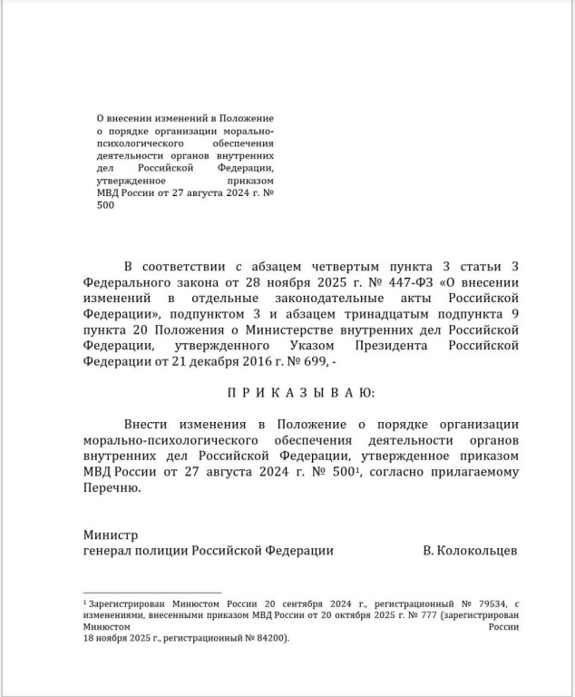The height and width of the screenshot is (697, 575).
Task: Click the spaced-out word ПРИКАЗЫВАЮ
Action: click(x=299, y=392)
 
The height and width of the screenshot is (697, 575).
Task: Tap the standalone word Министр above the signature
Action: click(x=111, y=535)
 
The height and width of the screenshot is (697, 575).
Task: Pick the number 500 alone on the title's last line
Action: click(x=105, y=205)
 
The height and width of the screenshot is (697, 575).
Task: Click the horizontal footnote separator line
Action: click(x=151, y=591)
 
